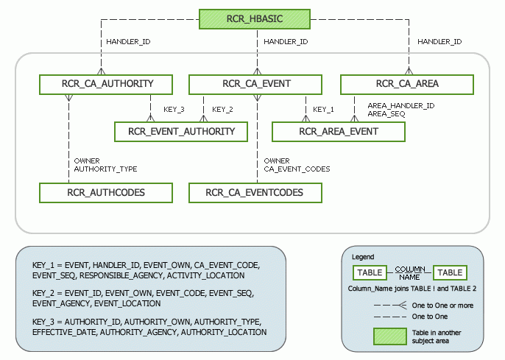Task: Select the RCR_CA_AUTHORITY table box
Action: pyautogui.click(x=107, y=84)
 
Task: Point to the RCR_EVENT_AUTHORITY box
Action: pyautogui.click(x=182, y=132)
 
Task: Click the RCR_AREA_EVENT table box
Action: pyautogui.click(x=339, y=132)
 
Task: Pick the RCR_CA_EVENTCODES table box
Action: pyautogui.click(x=255, y=193)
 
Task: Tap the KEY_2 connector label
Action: pyautogui.click(x=222, y=110)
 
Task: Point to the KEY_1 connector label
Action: pyautogui.click(x=323, y=110)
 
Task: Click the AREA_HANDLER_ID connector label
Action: pyautogui.click(x=400, y=106)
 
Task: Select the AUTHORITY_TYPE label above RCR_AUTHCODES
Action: pyautogui.click(x=105, y=169)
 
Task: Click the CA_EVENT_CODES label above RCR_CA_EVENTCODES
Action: pyautogui.click(x=297, y=169)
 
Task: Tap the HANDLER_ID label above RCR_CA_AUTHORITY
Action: pyautogui.click(x=128, y=42)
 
